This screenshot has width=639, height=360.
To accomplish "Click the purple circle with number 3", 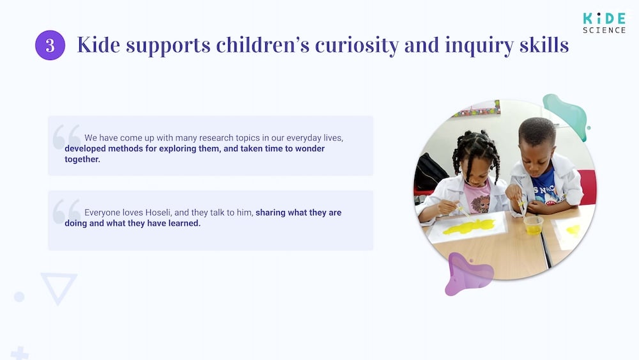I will [50, 45].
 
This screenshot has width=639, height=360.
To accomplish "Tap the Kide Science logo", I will [603, 22].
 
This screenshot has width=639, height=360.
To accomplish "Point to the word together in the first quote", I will [82, 159].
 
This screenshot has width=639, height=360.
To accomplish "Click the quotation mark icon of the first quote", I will [66, 136].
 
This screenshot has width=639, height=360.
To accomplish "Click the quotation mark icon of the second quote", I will [66, 210].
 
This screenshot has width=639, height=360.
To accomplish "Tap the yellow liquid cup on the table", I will [533, 224].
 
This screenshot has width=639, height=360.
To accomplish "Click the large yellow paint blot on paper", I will [470, 226].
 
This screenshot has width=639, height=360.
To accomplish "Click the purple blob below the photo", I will [468, 274].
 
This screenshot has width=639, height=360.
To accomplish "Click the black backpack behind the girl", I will [429, 173].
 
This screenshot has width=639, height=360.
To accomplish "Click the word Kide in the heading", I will [99, 45].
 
